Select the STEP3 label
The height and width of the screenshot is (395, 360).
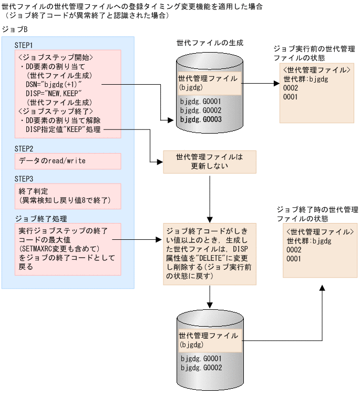click(24, 177)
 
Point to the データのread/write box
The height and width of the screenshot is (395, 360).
click(68, 161)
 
